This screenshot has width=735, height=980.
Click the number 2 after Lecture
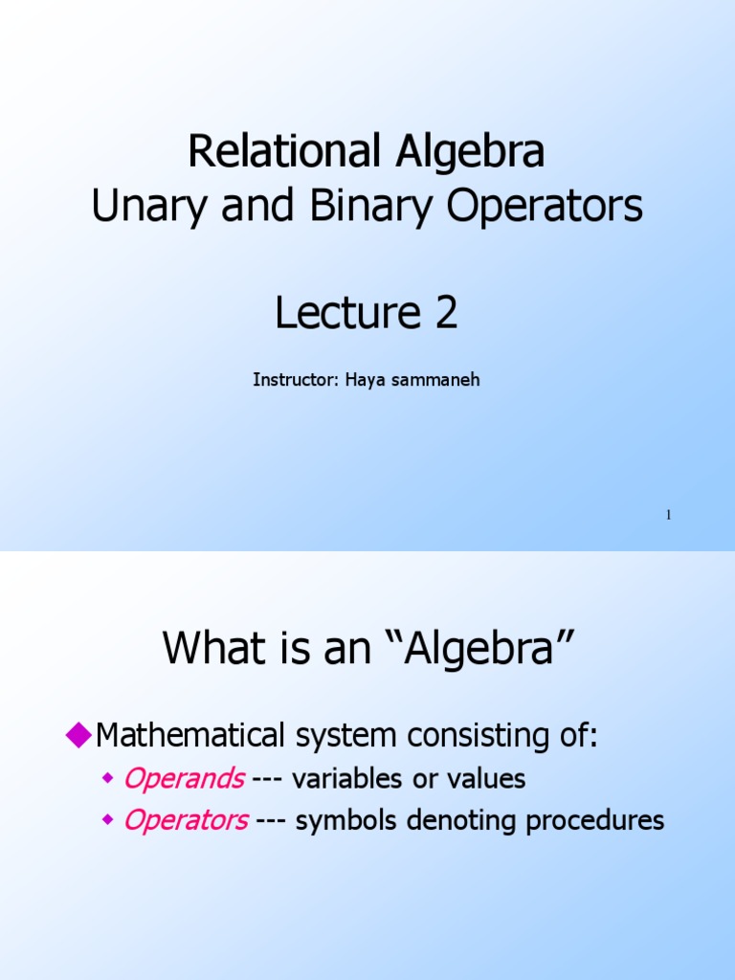tap(445, 314)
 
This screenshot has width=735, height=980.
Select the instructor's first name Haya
tap(363, 380)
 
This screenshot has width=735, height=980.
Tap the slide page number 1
tap(669, 516)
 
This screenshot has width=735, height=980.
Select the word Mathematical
tap(191, 736)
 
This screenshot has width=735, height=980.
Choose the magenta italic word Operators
tap(186, 821)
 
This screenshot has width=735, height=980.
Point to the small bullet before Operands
tap(108, 780)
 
